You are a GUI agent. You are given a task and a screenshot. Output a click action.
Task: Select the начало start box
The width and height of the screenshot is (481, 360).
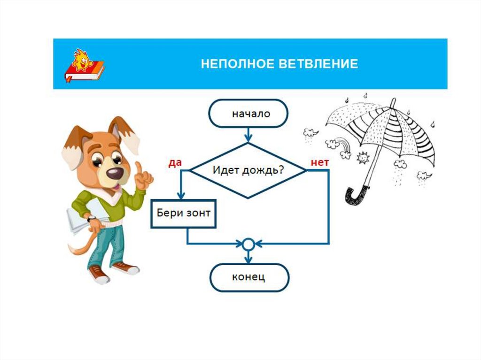tap(248, 114)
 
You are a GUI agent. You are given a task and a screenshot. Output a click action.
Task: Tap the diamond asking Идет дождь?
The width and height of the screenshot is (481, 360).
tap(248, 169)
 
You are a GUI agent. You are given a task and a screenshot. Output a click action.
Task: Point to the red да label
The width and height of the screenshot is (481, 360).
tap(175, 162)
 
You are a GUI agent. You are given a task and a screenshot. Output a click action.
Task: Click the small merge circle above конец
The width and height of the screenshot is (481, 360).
tap(248, 244)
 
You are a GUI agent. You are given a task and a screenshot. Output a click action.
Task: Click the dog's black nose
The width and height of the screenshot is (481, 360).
tap(115, 173)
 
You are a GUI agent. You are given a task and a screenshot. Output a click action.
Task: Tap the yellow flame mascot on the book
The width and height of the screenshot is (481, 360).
tap(83, 59)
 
